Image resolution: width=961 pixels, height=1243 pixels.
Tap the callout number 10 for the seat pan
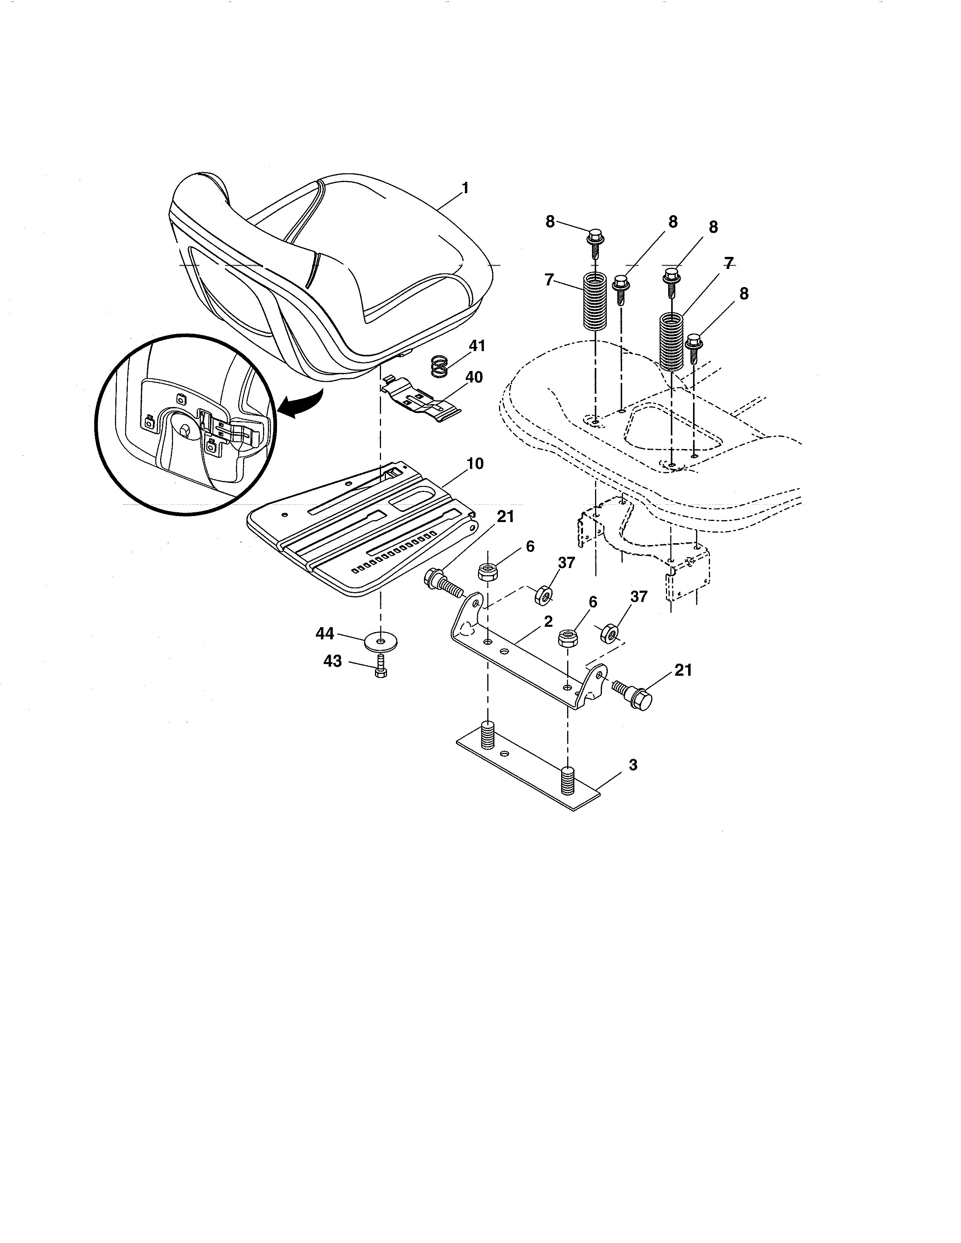tap(475, 463)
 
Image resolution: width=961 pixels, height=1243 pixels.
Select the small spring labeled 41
tap(438, 366)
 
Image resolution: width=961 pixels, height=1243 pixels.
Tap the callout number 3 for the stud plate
tap(633, 765)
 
